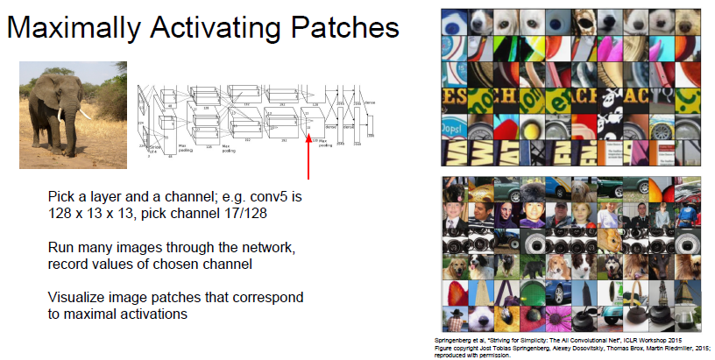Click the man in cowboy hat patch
[x=456, y=213]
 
